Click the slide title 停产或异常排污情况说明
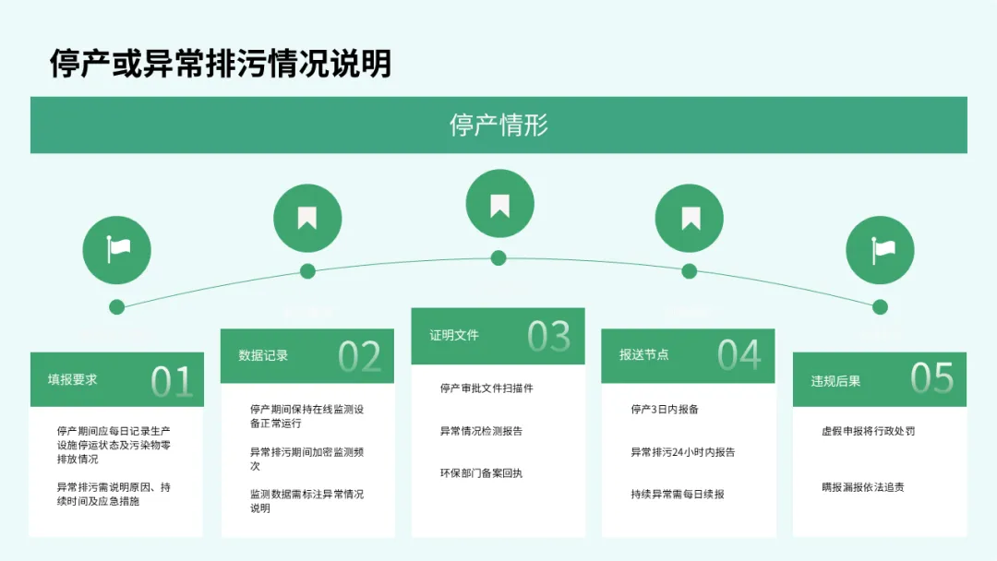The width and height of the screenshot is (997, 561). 221,64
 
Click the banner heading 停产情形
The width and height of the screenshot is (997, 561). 498,125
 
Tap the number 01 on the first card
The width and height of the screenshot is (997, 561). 172,380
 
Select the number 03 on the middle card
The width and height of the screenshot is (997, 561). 549,337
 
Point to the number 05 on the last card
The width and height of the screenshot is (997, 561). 931,378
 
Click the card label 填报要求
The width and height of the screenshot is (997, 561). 73,379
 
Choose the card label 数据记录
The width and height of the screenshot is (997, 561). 263,355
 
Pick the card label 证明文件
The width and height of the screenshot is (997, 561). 454,335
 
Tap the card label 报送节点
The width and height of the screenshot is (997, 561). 643,354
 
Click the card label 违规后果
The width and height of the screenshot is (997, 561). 835,380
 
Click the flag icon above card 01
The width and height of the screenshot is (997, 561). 116,249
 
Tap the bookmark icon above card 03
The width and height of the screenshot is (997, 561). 499,204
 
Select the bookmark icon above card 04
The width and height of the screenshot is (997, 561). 690,219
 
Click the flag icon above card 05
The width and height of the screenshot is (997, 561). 881,249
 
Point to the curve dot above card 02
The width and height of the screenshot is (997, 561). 307,271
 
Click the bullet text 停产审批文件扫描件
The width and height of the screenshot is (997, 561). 486,388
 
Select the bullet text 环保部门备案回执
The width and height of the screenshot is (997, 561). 481,473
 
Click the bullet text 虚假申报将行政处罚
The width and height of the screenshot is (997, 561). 868,431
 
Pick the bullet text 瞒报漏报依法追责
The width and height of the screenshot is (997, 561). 862,486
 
